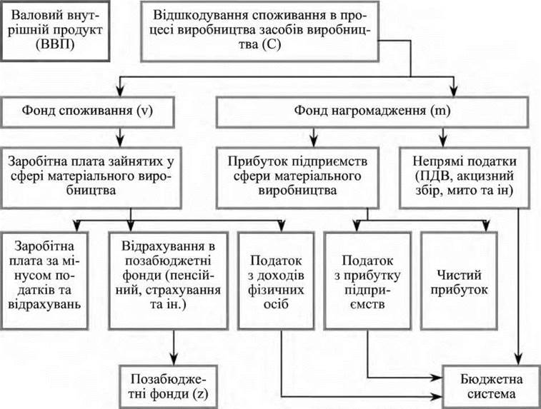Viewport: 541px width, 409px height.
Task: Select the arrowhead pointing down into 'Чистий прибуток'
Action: tap(487, 227)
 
